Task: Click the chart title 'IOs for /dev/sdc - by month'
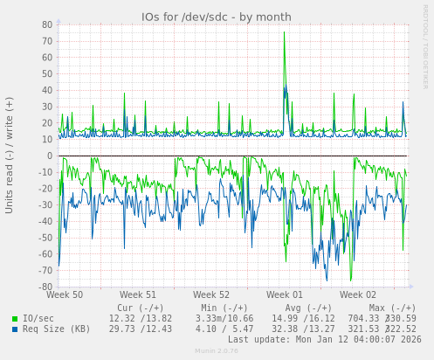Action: pyautogui.click(x=217, y=17)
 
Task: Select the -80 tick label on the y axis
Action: pyautogui.click(x=45, y=287)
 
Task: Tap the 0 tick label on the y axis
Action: pyautogui.click(x=50, y=156)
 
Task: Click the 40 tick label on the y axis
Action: pyautogui.click(x=47, y=91)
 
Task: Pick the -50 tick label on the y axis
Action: pyautogui.click(x=45, y=238)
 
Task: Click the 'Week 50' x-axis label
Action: pyautogui.click(x=65, y=295)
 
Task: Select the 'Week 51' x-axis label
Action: pyautogui.click(x=138, y=295)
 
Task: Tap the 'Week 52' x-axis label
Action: pyautogui.click(x=211, y=295)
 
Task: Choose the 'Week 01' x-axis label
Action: pyautogui.click(x=285, y=295)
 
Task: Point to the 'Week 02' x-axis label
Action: pyautogui.click(x=358, y=295)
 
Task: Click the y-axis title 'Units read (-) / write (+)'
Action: pyautogui.click(x=10, y=156)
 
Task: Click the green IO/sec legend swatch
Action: pyautogui.click(x=15, y=319)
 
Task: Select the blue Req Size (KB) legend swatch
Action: pyautogui.click(x=15, y=329)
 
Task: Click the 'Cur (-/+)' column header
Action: pyautogui.click(x=141, y=308)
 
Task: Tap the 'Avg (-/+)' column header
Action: pyautogui.click(x=309, y=308)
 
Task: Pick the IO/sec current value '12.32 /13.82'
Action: pyautogui.click(x=141, y=319)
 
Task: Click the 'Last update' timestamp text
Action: pyautogui.click(x=324, y=340)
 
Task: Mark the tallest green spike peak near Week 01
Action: pyautogui.click(x=284, y=32)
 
